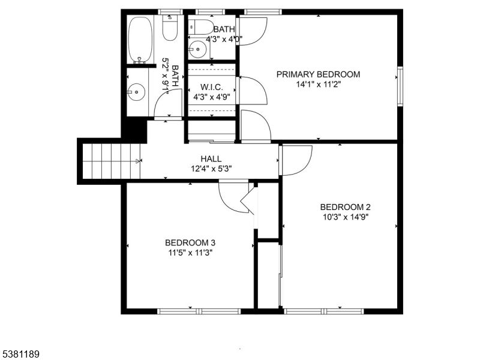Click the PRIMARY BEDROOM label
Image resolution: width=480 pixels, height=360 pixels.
pyautogui.click(x=318, y=74)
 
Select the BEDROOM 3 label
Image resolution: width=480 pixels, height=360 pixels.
pyautogui.click(x=190, y=242)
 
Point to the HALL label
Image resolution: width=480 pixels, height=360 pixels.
pyautogui.click(x=211, y=158)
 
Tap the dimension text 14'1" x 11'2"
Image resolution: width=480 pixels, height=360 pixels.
pyautogui.click(x=318, y=85)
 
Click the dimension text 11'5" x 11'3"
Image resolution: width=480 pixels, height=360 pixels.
pyautogui.click(x=190, y=253)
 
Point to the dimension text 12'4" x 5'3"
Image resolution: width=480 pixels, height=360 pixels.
pyautogui.click(x=211, y=169)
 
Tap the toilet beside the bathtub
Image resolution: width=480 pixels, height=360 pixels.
pyautogui.click(x=170, y=28)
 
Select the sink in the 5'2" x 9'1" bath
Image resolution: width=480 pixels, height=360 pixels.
pyautogui.click(x=137, y=92)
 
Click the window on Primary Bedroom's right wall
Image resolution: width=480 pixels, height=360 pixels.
pyautogui.click(x=400, y=86)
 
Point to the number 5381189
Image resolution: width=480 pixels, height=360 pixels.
pyautogui.click(x=20, y=355)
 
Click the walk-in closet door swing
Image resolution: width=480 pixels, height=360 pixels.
pyautogui.click(x=254, y=90)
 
